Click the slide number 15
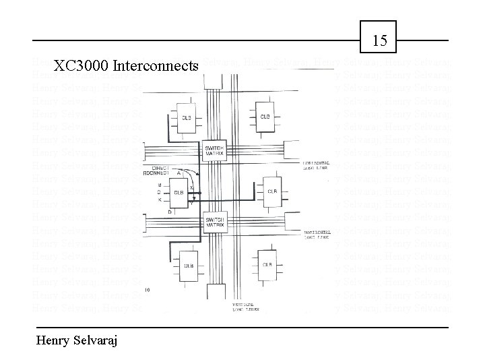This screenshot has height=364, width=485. [380, 40]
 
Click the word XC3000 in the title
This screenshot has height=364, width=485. [82, 66]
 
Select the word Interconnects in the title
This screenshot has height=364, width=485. [156, 66]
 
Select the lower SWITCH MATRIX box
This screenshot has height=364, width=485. [216, 222]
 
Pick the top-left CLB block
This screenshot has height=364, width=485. [186, 117]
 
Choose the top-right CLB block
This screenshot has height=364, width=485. [265, 117]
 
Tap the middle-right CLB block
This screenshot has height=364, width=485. [271, 191]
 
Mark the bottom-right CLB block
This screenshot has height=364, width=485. [267, 264]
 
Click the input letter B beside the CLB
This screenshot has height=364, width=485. [159, 184]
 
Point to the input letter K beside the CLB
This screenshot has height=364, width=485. [159, 200]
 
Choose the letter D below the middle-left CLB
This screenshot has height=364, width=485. [169, 212]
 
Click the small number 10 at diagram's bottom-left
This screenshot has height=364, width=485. [147, 289]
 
